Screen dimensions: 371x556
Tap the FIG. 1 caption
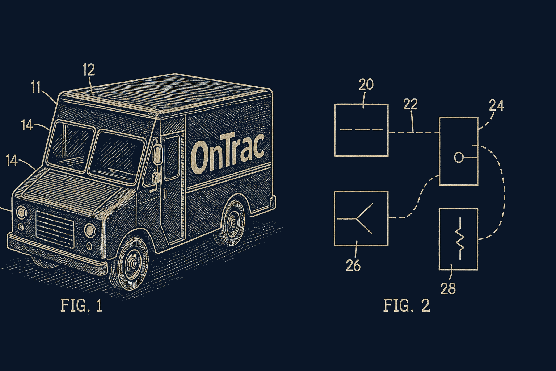pos(81,305)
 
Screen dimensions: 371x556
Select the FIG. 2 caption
pos(407,305)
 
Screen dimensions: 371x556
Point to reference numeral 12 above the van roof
pos(88,70)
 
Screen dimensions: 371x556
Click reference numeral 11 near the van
pos(35,87)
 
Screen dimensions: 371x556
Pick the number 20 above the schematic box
pos(366,85)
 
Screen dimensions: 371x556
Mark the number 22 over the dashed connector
pos(410,104)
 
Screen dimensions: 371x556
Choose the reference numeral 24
pos(496,105)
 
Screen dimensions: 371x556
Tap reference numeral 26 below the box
pos(353,266)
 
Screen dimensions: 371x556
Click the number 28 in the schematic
pos(448,289)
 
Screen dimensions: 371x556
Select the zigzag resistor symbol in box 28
pos(460,239)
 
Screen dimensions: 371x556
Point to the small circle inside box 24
pos(458,157)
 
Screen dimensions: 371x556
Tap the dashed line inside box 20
pos(361,129)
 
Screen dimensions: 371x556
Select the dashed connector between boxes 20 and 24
pos(414,133)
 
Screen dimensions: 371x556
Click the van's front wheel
pos(133,263)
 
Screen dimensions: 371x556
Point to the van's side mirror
pos(157,154)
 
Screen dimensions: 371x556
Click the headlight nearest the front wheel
pos(90,230)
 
